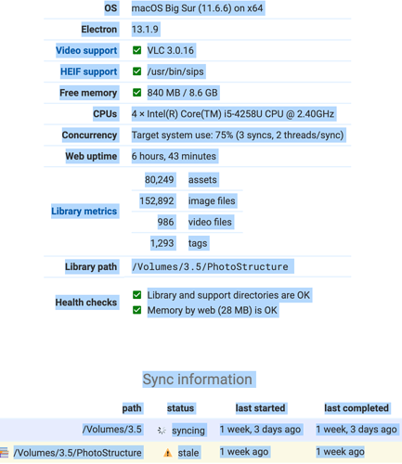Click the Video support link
click(86, 50)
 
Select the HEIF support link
click(88, 71)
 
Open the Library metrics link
click(84, 211)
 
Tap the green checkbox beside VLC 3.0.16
click(136, 50)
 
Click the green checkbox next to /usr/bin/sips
click(136, 71)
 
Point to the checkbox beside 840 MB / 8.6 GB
click(136, 93)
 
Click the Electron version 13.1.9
click(145, 30)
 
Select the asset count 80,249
click(159, 180)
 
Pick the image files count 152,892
click(157, 200)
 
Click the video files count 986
click(165, 222)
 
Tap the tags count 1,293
click(162, 243)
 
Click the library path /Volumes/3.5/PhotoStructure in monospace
click(210, 266)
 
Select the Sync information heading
click(198, 380)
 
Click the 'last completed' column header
click(357, 408)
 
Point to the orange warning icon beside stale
click(167, 453)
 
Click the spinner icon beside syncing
click(162, 431)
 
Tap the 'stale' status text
click(188, 453)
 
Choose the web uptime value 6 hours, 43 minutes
click(174, 156)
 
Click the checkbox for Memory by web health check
click(136, 310)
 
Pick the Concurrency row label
click(89, 135)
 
